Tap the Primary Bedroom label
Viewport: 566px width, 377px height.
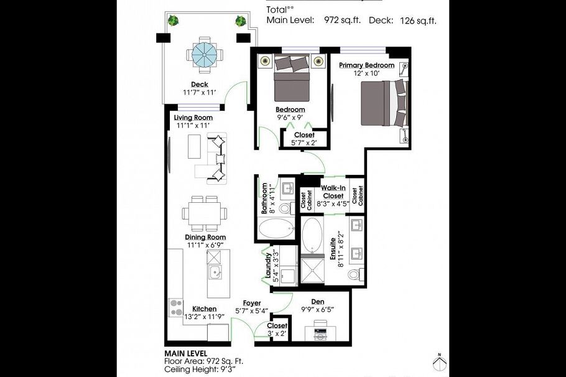[366, 65]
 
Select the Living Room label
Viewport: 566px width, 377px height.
[193, 118]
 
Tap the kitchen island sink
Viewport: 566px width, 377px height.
[214, 271]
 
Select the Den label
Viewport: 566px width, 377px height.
[317, 301]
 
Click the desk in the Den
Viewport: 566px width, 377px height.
[321, 331]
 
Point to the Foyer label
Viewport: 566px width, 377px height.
[252, 303]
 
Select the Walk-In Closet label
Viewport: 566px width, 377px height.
[333, 192]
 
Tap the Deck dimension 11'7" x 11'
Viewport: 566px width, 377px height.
[199, 93]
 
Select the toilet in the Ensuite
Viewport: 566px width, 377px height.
[354, 274]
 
